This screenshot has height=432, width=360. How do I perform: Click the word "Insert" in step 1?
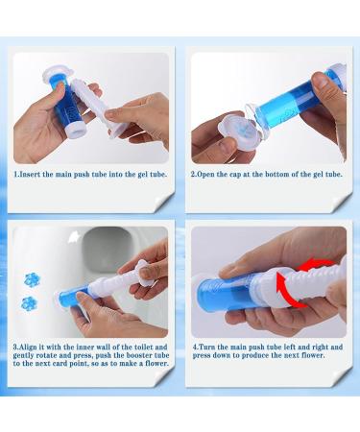point(30,175)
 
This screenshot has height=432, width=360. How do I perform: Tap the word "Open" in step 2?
point(205,175)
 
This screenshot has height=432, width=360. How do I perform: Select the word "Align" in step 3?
point(29,347)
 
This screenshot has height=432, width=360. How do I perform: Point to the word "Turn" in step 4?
point(206,347)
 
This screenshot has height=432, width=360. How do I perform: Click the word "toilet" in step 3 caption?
point(144,347)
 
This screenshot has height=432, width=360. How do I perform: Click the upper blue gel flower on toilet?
point(33,279)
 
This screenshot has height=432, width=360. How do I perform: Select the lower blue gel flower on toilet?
point(29,303)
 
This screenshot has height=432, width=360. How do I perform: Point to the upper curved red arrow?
point(315,266)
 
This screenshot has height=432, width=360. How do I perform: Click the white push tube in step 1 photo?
point(93,108)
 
